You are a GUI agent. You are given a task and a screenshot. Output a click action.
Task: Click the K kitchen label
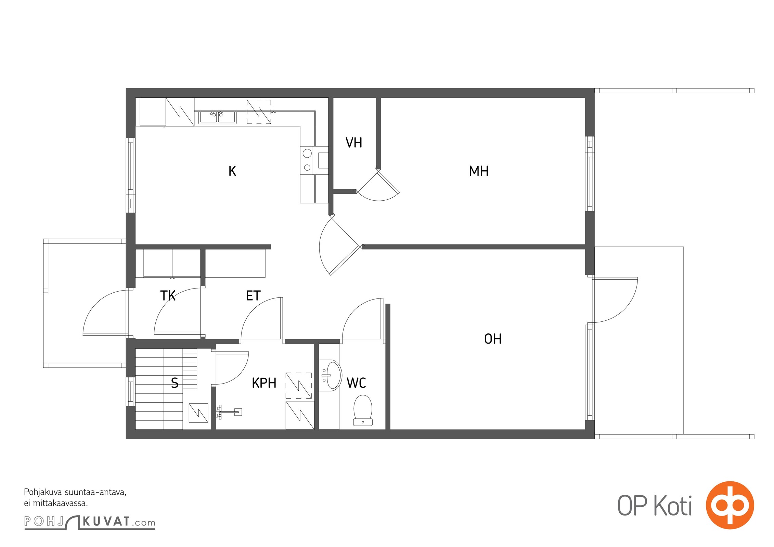232,171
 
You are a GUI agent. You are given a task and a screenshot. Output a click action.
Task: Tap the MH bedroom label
479,171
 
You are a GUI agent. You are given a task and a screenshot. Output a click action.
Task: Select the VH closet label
354,143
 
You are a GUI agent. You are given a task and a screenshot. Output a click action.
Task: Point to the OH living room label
493,339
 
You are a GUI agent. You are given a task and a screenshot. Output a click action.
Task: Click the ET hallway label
253,296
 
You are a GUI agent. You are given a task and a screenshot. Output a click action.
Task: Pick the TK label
168,296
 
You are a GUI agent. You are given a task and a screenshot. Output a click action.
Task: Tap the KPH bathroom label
264,383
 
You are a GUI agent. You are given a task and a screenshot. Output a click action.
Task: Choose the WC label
356,383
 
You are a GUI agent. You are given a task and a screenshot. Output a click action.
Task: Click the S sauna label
175,383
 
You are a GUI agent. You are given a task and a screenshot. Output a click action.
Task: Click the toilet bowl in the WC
363,410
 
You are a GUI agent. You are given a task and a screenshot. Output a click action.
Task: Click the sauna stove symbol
198,413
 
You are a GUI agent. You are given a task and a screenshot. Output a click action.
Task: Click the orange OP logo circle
730,505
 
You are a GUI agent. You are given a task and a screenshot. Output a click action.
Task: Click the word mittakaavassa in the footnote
61,503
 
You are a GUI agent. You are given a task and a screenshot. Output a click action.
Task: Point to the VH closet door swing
379,186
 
